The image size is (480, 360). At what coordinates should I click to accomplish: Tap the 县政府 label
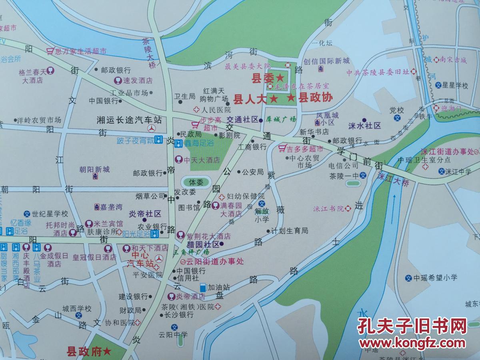[x=84, y=352]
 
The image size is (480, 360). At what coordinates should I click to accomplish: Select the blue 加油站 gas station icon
[x=204, y=287]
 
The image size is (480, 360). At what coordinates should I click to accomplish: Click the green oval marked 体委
[x=196, y=182]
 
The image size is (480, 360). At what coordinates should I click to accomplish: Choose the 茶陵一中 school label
[x=344, y=176]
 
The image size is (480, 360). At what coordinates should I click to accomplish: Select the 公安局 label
[x=253, y=172]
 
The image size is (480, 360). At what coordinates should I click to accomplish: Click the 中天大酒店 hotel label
[x=202, y=160]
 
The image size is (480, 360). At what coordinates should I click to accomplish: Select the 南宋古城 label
[x=453, y=60]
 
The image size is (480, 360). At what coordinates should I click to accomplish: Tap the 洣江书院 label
[x=329, y=208]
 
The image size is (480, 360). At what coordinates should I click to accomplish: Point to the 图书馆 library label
[x=189, y=208]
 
